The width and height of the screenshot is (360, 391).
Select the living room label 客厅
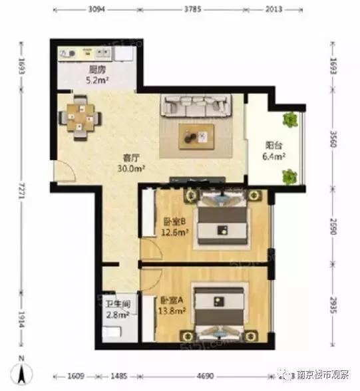click(x=130, y=158)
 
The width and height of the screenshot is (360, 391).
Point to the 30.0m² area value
click(x=130, y=168)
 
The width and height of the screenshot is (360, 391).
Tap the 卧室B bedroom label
click(x=176, y=222)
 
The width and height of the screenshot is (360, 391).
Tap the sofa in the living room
click(x=197, y=106)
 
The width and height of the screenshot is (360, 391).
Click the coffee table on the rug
click(x=197, y=135)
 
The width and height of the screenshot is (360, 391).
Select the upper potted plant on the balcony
click(x=290, y=120)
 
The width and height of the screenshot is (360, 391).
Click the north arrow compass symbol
click(x=22, y=374)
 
